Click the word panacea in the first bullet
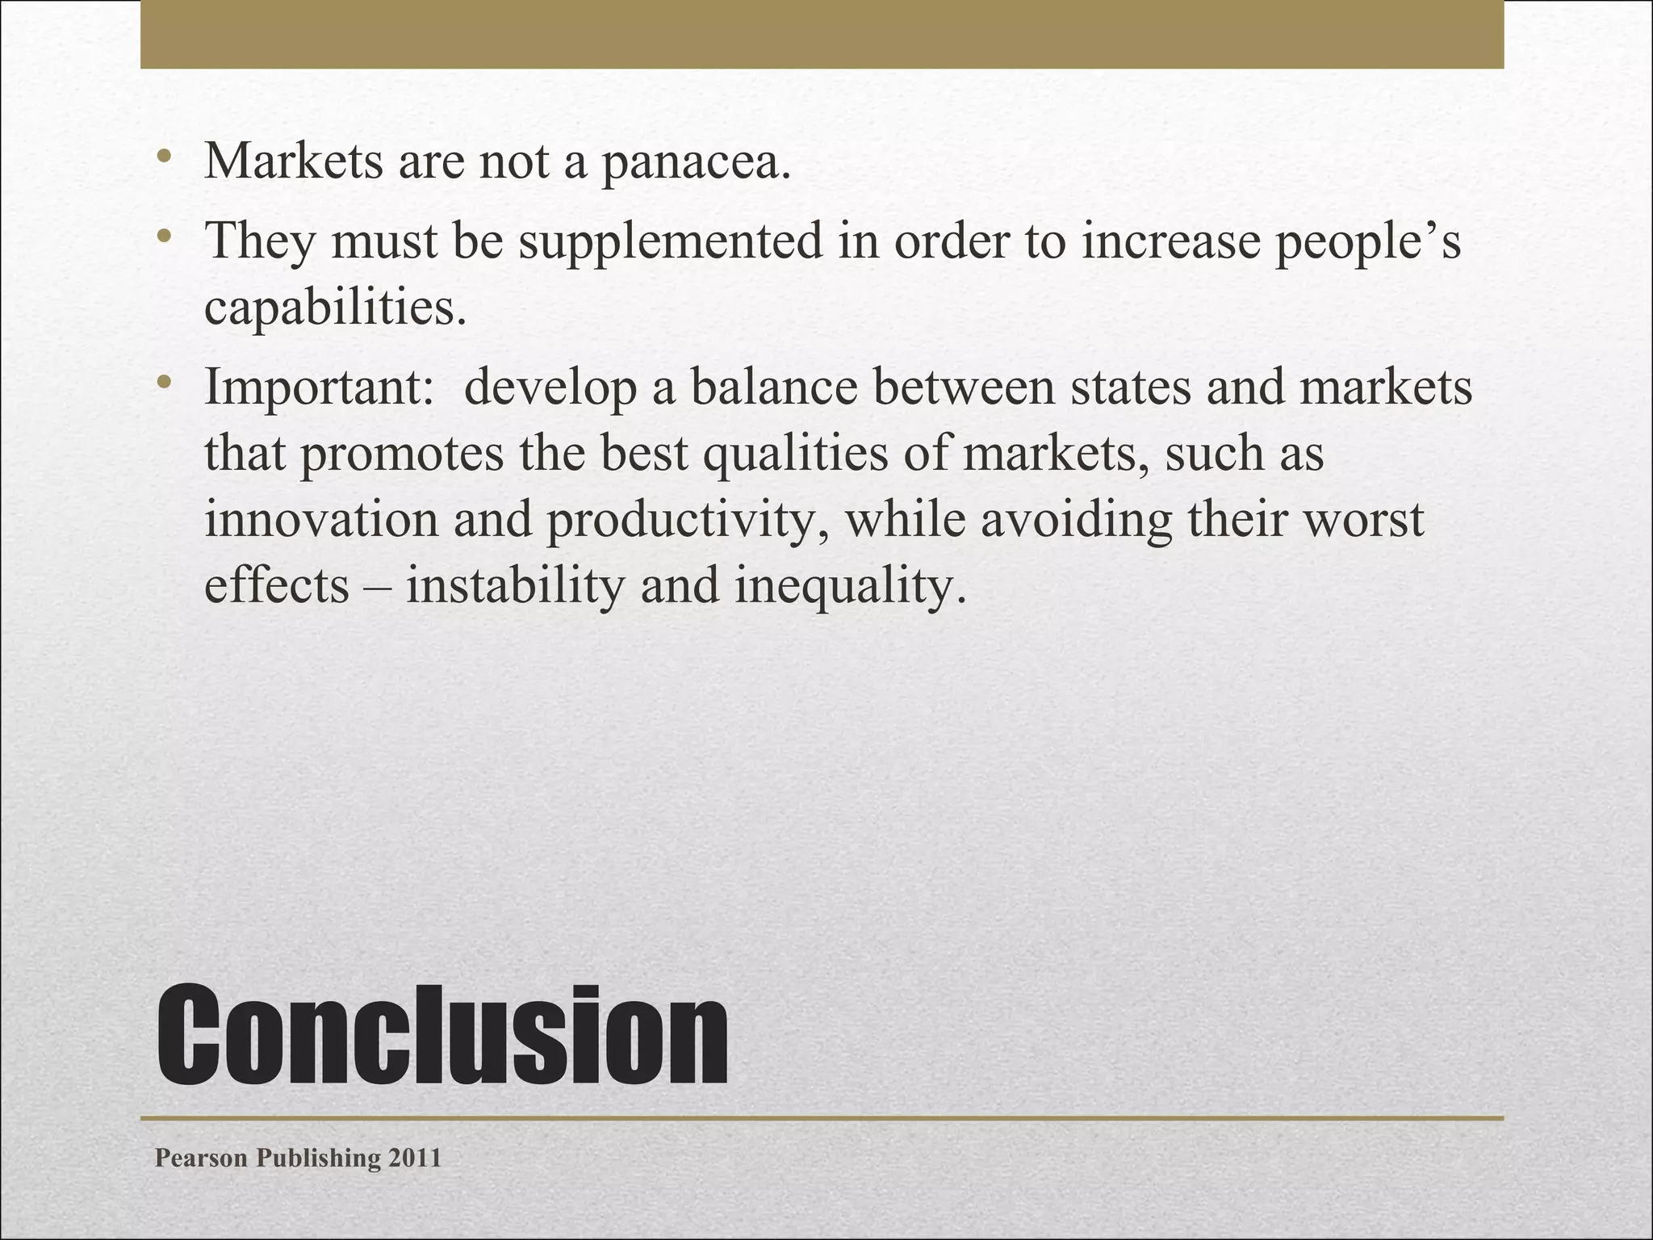695,161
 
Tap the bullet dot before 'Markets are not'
164,155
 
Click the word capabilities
335,307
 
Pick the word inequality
850,586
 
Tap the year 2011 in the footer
415,1158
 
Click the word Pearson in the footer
201,1158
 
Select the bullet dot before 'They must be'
164,236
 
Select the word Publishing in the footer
318,1158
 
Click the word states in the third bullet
1130,387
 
